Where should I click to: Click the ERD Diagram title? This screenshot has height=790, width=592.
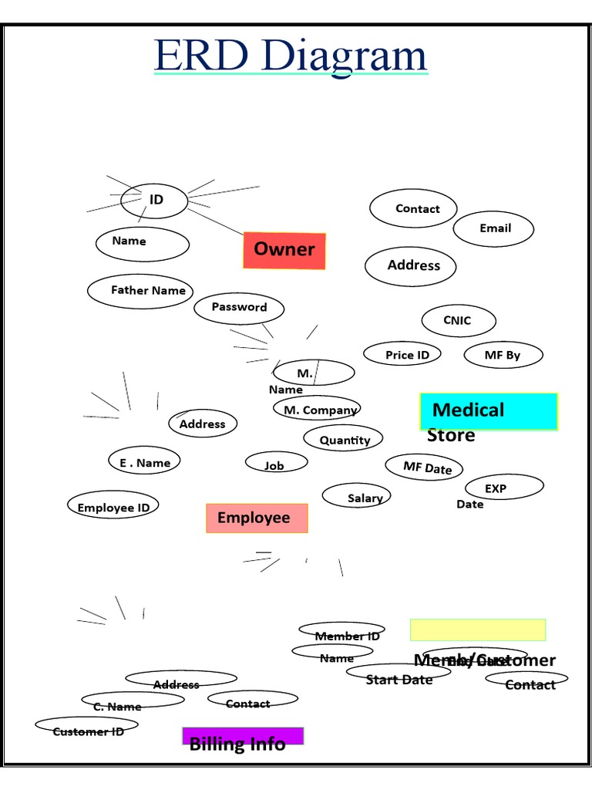[x=290, y=56]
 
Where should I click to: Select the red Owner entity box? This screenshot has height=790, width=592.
[x=284, y=250]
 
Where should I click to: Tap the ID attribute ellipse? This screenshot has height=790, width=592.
[x=154, y=201]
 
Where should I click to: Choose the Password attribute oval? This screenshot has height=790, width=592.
[x=239, y=308]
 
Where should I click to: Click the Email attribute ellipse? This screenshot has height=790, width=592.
[x=493, y=229]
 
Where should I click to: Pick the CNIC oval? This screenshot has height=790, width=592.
[x=458, y=321]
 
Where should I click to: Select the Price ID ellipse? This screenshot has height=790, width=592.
[x=402, y=355]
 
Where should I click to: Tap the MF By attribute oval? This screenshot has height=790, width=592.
[x=503, y=356]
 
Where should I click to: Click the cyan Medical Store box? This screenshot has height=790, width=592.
[x=488, y=411]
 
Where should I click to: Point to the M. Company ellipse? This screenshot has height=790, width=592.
[x=317, y=410]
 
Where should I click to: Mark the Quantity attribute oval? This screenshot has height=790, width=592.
[x=343, y=440]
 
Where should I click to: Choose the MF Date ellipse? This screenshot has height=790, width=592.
[x=423, y=467]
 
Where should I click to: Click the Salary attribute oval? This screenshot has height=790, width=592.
[x=356, y=497]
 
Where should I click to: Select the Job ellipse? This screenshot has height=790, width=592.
[x=276, y=463]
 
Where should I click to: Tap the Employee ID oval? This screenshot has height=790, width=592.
[x=113, y=506]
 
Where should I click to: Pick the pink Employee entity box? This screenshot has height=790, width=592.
[x=257, y=518]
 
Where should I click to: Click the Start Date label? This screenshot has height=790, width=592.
[x=399, y=679]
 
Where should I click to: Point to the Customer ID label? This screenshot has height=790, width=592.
[x=88, y=731]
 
